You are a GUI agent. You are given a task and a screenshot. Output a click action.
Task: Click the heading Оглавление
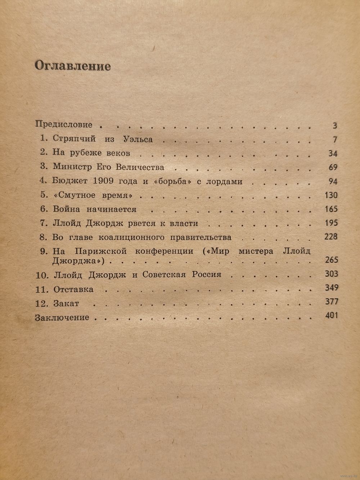72,66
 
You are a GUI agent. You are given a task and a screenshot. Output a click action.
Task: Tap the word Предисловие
64,125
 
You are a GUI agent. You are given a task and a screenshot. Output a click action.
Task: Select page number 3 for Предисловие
335,126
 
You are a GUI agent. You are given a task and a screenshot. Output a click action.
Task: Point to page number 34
333,154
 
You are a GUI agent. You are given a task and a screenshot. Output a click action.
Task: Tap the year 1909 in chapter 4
105,181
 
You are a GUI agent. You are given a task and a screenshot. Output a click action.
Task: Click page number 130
331,195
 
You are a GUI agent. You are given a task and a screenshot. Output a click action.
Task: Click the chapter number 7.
44,223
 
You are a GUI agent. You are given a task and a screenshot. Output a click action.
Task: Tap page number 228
331,237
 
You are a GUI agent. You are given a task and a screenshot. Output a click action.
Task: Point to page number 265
331,260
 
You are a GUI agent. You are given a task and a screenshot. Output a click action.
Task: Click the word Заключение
62,317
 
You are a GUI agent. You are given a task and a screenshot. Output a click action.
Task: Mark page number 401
331,316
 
